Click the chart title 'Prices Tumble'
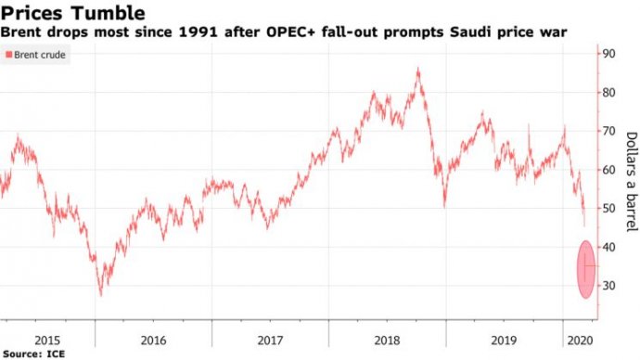tap(72, 13)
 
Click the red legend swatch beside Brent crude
tap(9, 56)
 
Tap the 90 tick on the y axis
tap(609, 54)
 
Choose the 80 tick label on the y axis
tap(609, 92)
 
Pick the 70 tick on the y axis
tap(609, 131)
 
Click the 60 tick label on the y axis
tap(609, 170)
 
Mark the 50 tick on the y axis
tap(609, 209)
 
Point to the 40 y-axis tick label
tap(609, 247)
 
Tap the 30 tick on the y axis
tap(609, 286)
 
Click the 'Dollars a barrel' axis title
tap(630, 182)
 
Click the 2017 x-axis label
tap(271, 340)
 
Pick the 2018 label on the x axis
tap(387, 340)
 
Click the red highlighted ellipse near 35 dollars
tap(585, 269)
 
